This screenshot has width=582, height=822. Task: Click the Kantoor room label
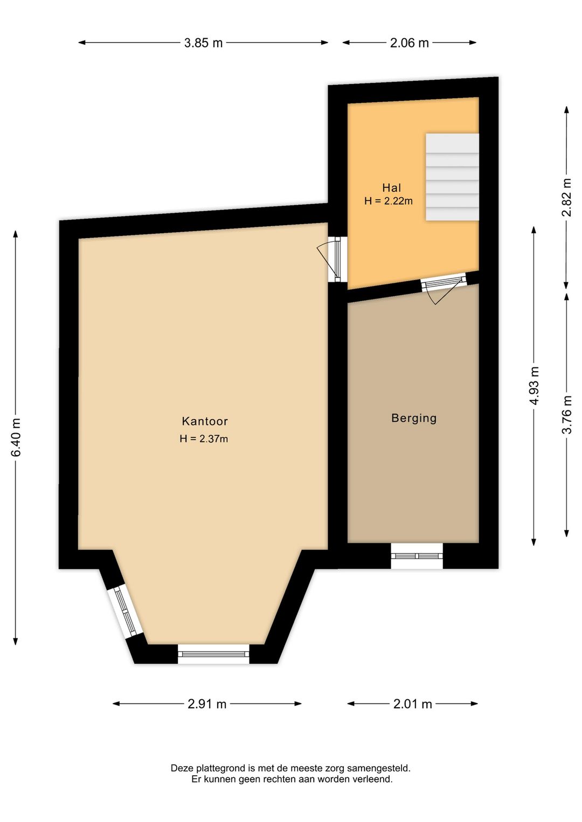[x=205, y=421]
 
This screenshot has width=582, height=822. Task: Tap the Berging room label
[x=414, y=418]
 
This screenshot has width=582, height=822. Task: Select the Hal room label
[x=392, y=188]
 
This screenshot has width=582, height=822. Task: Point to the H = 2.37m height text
[x=204, y=439]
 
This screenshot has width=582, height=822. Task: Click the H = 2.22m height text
[x=389, y=201]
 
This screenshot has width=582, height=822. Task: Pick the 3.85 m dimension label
[x=203, y=43]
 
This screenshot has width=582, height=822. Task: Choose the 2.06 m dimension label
[x=410, y=43]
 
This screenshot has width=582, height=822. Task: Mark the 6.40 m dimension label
[x=16, y=437]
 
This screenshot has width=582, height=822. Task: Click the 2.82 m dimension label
[x=566, y=197]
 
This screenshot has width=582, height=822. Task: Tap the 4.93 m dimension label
[x=533, y=386]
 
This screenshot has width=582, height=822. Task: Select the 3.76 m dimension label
[x=566, y=414]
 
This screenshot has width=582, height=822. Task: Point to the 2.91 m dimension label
[x=207, y=704]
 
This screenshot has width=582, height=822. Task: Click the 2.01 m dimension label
[x=413, y=704]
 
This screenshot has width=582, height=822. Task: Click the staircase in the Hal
[x=452, y=177]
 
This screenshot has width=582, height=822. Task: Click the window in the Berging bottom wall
[x=417, y=556]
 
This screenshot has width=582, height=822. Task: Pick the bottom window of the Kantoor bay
[x=213, y=654]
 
